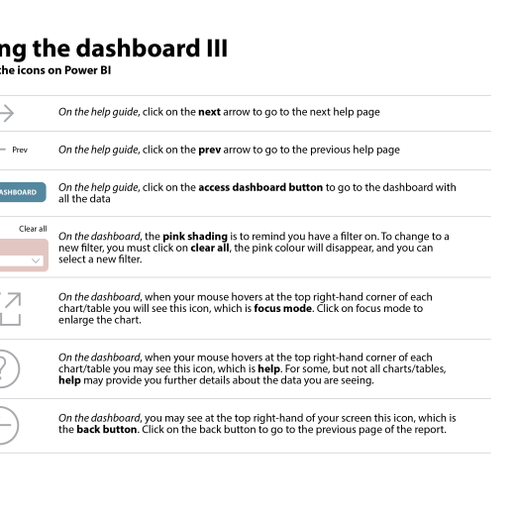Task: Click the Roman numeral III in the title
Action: click(217, 49)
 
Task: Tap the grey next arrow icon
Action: click(7, 113)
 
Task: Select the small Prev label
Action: click(20, 150)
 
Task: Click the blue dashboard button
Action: click(23, 192)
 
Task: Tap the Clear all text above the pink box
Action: click(33, 229)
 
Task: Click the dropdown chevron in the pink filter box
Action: click(36, 260)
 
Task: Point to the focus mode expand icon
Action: click(11, 309)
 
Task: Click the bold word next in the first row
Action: click(209, 112)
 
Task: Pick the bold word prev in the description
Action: click(210, 151)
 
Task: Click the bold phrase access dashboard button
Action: click(260, 187)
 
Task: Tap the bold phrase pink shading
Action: click(195, 237)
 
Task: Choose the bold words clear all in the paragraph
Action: click(210, 248)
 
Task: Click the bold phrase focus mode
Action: click(282, 309)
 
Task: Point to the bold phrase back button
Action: click(107, 430)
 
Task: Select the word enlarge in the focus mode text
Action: click(72, 320)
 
